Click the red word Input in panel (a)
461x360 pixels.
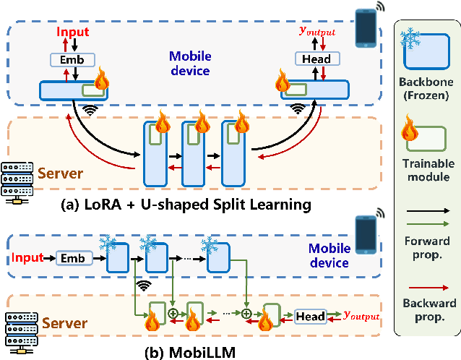point(74,32)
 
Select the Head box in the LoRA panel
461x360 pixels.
point(315,59)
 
